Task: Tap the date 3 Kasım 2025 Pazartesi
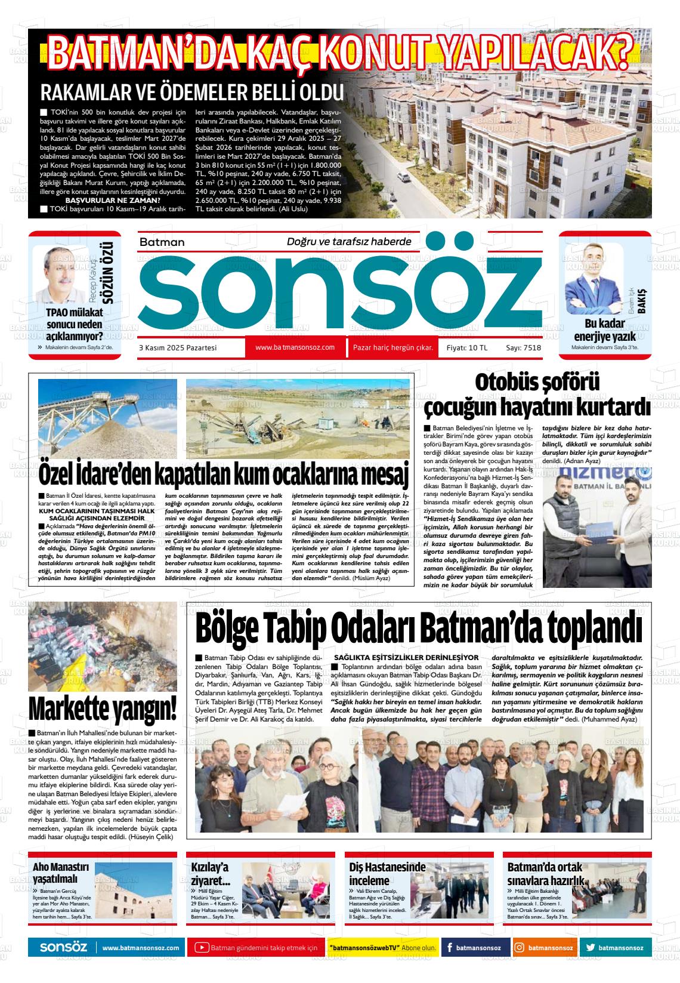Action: click(x=178, y=348)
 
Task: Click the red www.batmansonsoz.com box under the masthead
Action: click(x=295, y=347)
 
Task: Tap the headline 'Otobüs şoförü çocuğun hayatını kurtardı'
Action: click(x=537, y=396)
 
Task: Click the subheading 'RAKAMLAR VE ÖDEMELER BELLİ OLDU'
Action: click(x=192, y=93)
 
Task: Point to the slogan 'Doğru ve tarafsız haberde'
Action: click(x=349, y=242)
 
